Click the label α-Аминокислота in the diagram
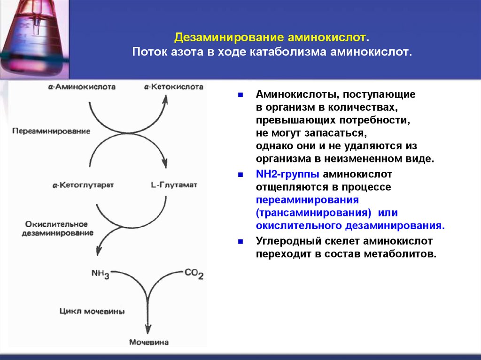pyautogui.click(x=83, y=87)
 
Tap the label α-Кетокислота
pyautogui.click(x=174, y=87)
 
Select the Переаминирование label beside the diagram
pyautogui.click(x=51, y=131)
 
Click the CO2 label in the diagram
pyautogui.click(x=194, y=274)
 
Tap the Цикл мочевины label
pyautogui.click(x=92, y=311)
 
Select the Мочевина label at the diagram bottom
pyautogui.click(x=148, y=342)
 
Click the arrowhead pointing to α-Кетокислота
pyautogui.click(x=165, y=99)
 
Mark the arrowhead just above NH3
pyautogui.click(x=99, y=252)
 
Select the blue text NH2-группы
pyautogui.click(x=288, y=175)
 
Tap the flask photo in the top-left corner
pyautogui.click(x=34, y=38)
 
